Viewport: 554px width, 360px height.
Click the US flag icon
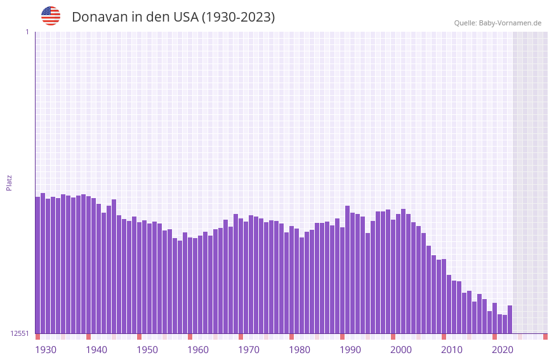(51, 16)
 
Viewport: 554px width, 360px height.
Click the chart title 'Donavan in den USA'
(173, 17)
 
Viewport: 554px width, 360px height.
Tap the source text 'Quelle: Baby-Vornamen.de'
(498, 23)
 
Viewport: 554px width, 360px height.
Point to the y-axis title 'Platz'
(9, 182)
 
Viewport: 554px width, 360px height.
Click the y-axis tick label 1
(27, 32)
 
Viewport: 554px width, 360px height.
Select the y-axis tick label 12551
(20, 333)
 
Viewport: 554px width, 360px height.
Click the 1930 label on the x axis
(46, 350)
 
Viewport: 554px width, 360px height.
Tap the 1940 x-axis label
(96, 350)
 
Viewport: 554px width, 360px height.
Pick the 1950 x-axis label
(147, 350)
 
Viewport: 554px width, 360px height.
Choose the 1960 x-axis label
(198, 350)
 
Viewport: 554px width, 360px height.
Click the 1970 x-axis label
(249, 350)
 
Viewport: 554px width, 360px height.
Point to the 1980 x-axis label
(300, 350)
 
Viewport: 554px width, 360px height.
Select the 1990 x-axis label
(350, 350)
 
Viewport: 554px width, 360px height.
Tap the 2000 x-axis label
(401, 350)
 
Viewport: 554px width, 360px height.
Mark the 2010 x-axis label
(452, 350)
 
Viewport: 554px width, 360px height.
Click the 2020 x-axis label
(503, 350)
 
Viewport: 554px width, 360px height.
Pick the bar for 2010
(449, 305)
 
